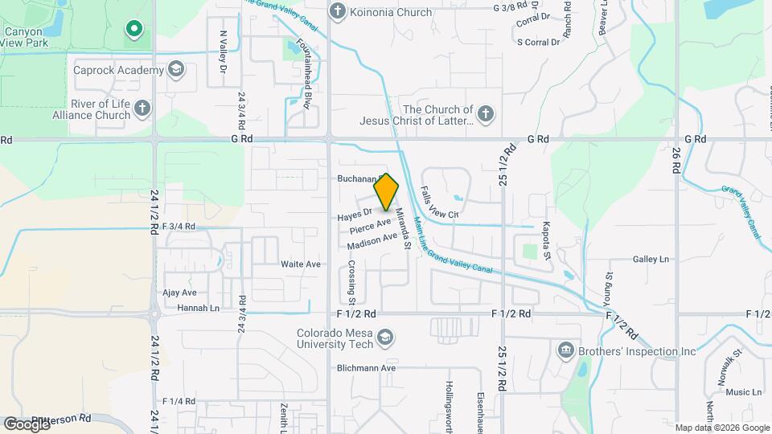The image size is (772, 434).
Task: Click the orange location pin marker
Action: click(387, 191)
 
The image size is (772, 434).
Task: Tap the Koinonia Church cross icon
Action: click(338, 12)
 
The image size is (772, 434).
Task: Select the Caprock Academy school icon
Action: click(175, 71)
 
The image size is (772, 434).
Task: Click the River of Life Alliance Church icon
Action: click(142, 108)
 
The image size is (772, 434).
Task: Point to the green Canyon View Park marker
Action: click(133, 31)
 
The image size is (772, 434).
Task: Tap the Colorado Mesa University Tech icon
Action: click(385, 337)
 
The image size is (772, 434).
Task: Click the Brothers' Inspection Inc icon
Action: click(565, 350)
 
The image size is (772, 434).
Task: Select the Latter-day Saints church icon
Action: click(485, 114)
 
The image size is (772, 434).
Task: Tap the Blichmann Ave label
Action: click(367, 368)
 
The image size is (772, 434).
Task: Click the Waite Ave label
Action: click(301, 264)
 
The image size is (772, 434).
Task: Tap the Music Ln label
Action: click(743, 392)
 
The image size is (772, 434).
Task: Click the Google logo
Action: click(27, 424)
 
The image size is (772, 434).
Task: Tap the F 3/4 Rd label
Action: click(179, 227)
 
